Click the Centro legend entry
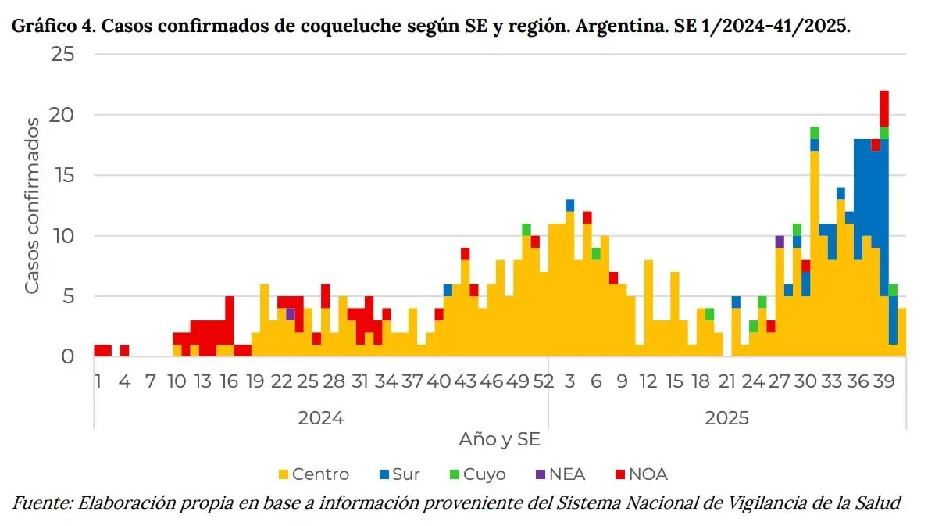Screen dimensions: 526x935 [x=314, y=474]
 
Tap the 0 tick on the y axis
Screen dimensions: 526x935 [x=68, y=356]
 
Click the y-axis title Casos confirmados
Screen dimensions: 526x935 [x=32, y=206]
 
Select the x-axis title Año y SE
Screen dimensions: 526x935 [x=500, y=440]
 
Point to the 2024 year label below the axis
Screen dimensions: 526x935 [x=320, y=418]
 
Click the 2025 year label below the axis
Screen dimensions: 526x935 [x=726, y=418]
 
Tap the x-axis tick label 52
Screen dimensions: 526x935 [x=544, y=381]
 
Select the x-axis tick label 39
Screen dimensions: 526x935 [x=884, y=381]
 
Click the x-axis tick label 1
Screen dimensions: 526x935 [x=98, y=381]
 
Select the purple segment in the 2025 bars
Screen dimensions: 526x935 [x=780, y=242]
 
